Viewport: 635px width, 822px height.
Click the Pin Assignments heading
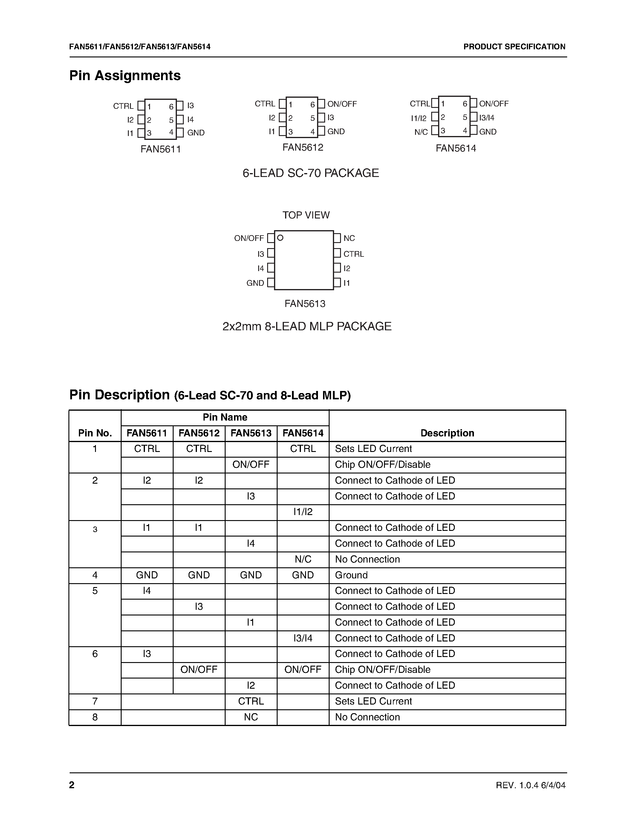125,76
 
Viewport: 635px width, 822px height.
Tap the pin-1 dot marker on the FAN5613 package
280,238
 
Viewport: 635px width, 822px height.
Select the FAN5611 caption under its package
161,149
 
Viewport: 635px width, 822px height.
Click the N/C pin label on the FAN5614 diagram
421,132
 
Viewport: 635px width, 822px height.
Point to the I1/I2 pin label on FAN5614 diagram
419,118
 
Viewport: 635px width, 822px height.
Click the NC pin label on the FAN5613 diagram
349,238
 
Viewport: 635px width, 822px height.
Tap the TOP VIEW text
306,215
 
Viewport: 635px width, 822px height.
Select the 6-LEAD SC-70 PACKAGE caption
311,173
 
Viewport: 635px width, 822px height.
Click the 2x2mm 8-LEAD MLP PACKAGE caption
307,326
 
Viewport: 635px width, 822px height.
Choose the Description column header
447,433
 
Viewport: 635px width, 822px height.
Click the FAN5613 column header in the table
251,433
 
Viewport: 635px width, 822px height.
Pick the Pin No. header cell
95,433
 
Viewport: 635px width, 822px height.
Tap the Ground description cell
351,575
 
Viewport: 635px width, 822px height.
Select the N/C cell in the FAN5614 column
303,559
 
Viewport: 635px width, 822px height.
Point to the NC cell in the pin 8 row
251,717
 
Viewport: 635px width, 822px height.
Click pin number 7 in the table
95,701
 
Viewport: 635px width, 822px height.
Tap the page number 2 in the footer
72,785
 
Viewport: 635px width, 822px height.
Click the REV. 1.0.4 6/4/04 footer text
530,785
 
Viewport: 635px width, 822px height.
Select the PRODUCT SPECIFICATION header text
514,47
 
